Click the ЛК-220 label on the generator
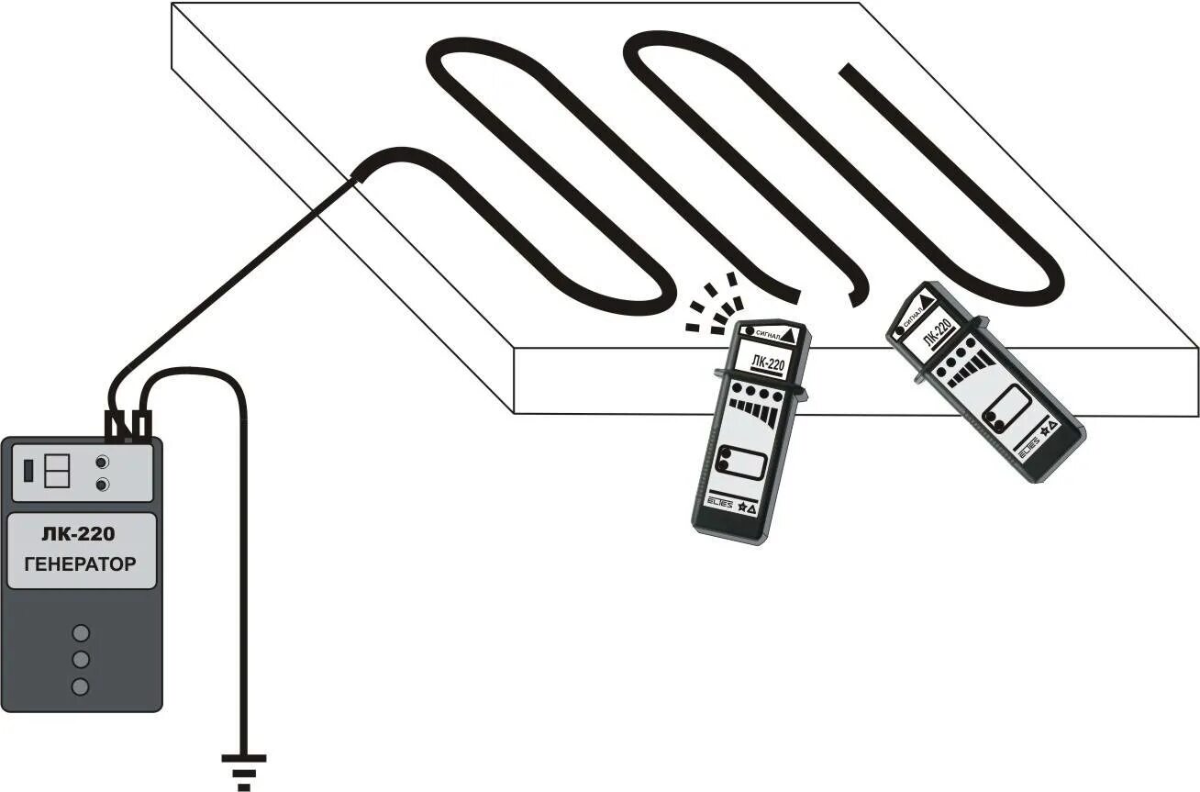[79, 535]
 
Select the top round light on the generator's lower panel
[81, 632]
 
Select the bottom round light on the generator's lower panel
[81, 686]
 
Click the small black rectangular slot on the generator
[28, 471]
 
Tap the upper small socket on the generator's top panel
[103, 463]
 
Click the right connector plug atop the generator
[142, 425]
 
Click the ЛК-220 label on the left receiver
[766, 364]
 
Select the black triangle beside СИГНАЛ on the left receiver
[791, 337]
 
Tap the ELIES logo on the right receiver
[1028, 442]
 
